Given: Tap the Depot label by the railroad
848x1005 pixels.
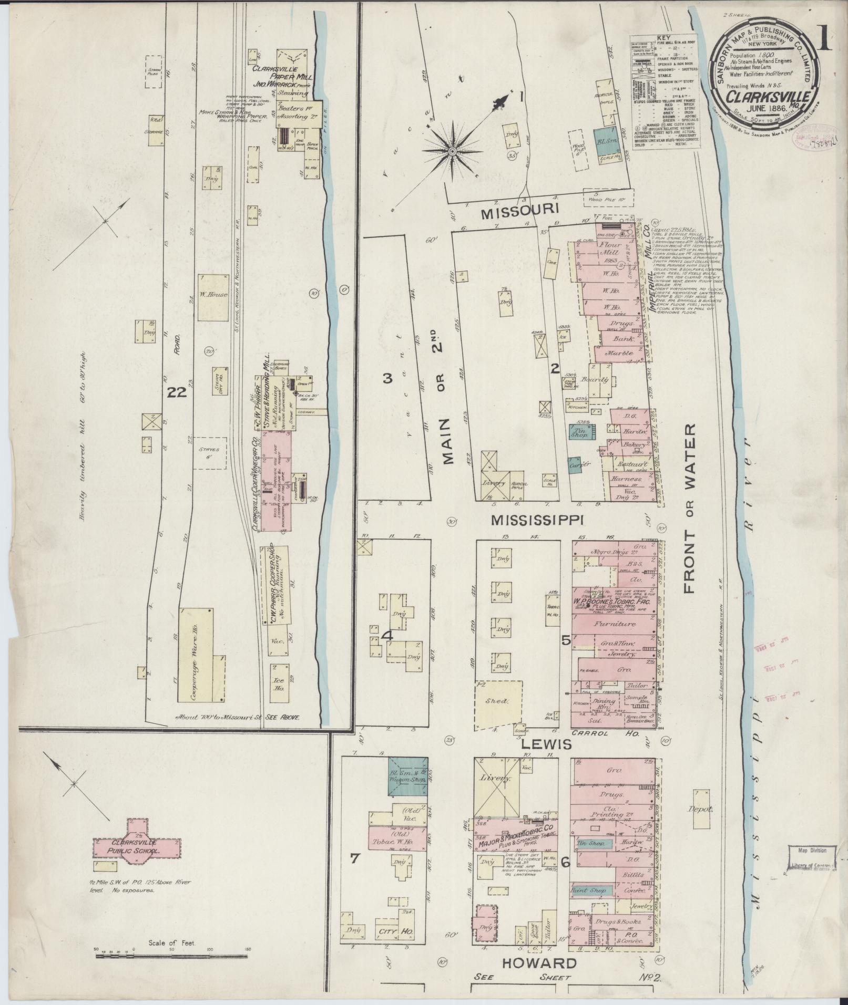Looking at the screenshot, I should pos(702,810).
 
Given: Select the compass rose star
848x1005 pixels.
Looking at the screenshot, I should pos(452,151).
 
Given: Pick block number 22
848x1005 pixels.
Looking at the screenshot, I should pos(178,392).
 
